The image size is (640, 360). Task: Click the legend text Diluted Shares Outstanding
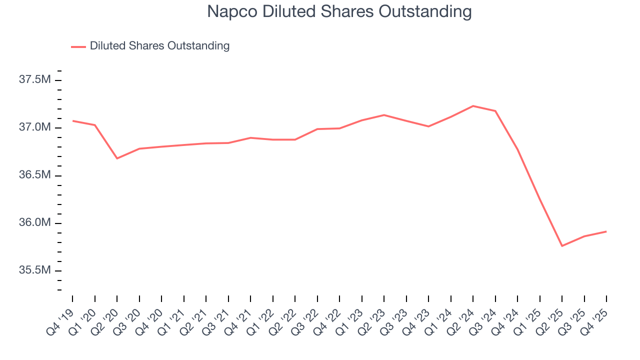pos(159,46)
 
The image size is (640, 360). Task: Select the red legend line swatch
pos(78,46)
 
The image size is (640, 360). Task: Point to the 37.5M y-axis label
pos(34,80)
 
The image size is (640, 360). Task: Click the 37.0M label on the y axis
pos(34,127)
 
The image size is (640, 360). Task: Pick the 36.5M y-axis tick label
pos(34,175)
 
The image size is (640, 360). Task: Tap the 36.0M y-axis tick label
pos(34,223)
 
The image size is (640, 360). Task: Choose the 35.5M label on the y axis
pos(34,270)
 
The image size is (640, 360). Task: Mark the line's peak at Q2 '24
pos(473,106)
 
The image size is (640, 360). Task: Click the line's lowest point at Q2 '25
pos(562,246)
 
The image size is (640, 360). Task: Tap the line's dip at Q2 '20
pos(117,158)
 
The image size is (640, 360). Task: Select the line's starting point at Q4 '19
pos(72,120)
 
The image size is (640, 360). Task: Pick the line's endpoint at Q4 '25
pos(606,231)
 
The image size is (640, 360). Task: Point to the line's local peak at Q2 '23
pos(384,115)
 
